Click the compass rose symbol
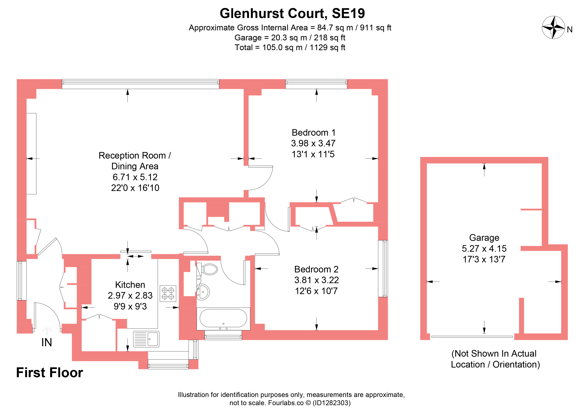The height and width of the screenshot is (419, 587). pos(554,28)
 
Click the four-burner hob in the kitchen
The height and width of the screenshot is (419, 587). pos(168,293)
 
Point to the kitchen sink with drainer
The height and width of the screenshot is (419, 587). pos(146,339)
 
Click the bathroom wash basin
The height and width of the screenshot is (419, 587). pos(203,292)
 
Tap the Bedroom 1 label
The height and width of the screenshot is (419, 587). pos(313,133)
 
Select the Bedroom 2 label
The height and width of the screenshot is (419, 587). pos(316,269)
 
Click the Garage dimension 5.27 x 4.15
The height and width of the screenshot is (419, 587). pos(484,248)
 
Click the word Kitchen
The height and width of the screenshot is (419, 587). pos(130,285)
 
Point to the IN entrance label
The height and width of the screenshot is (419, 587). pos(47,343)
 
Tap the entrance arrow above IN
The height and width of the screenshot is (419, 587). pos(47,330)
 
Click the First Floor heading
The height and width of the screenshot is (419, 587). pos(49,373)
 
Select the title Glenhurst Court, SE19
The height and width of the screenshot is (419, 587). pos(292,13)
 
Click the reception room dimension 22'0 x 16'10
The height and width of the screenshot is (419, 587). pos(135,188)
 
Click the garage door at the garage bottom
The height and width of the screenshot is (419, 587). pos(472,337)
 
